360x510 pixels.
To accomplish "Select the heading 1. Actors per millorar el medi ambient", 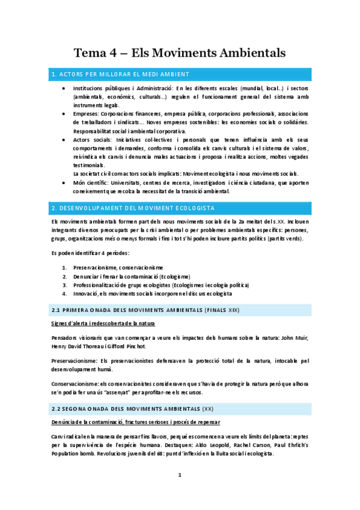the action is (120, 75).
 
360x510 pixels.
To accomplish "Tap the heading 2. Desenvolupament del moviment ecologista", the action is (133, 207).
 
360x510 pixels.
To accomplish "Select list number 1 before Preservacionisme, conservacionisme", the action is (64, 267).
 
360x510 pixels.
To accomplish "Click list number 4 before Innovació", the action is (64, 293).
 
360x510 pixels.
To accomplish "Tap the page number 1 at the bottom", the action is (179, 475).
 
